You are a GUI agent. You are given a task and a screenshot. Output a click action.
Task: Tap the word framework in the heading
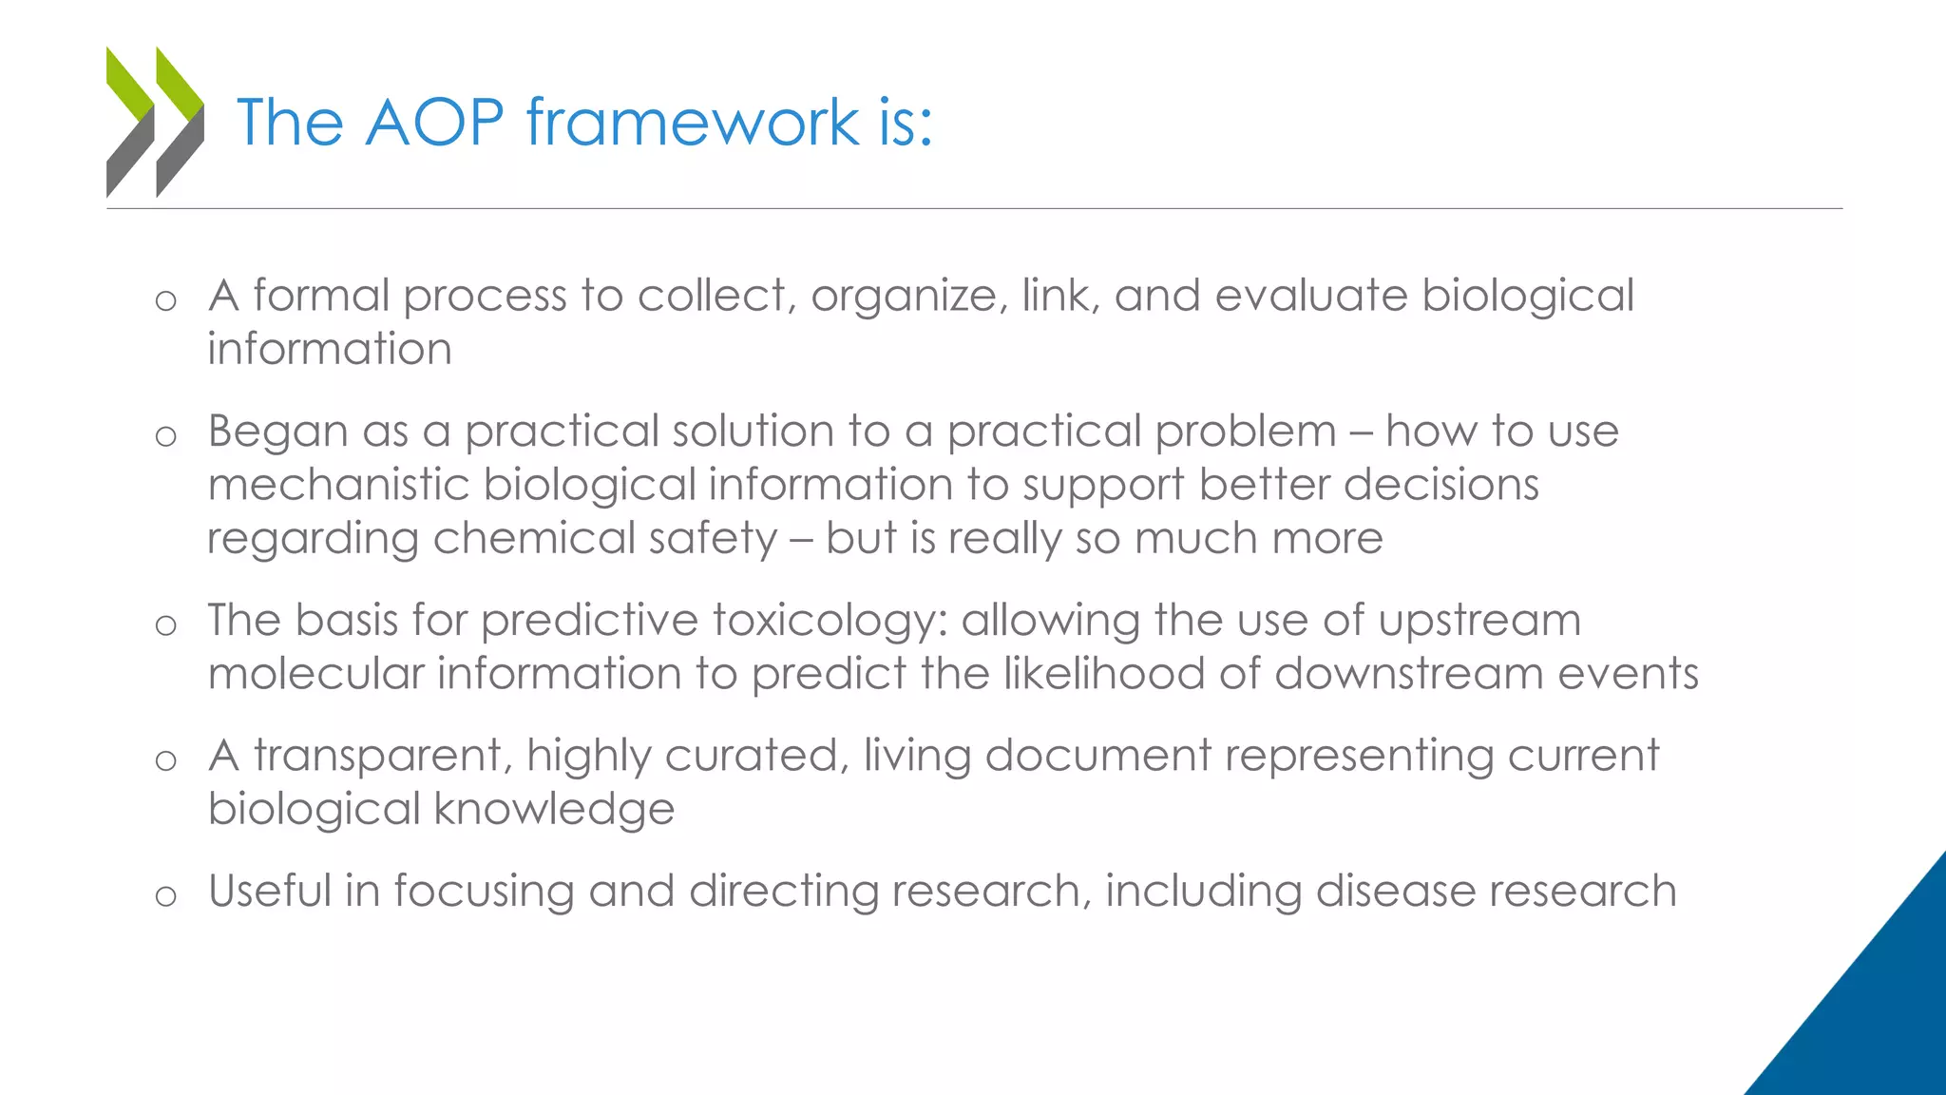693,123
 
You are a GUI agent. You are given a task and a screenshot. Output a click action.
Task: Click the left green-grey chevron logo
130,122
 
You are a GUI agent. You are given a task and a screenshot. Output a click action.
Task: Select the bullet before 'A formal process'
166,301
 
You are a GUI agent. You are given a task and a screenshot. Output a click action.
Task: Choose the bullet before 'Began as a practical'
166,436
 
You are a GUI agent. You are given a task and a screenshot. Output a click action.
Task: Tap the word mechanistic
338,485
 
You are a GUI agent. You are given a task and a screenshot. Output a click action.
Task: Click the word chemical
533,539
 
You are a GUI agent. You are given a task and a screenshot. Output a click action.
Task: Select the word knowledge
554,810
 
